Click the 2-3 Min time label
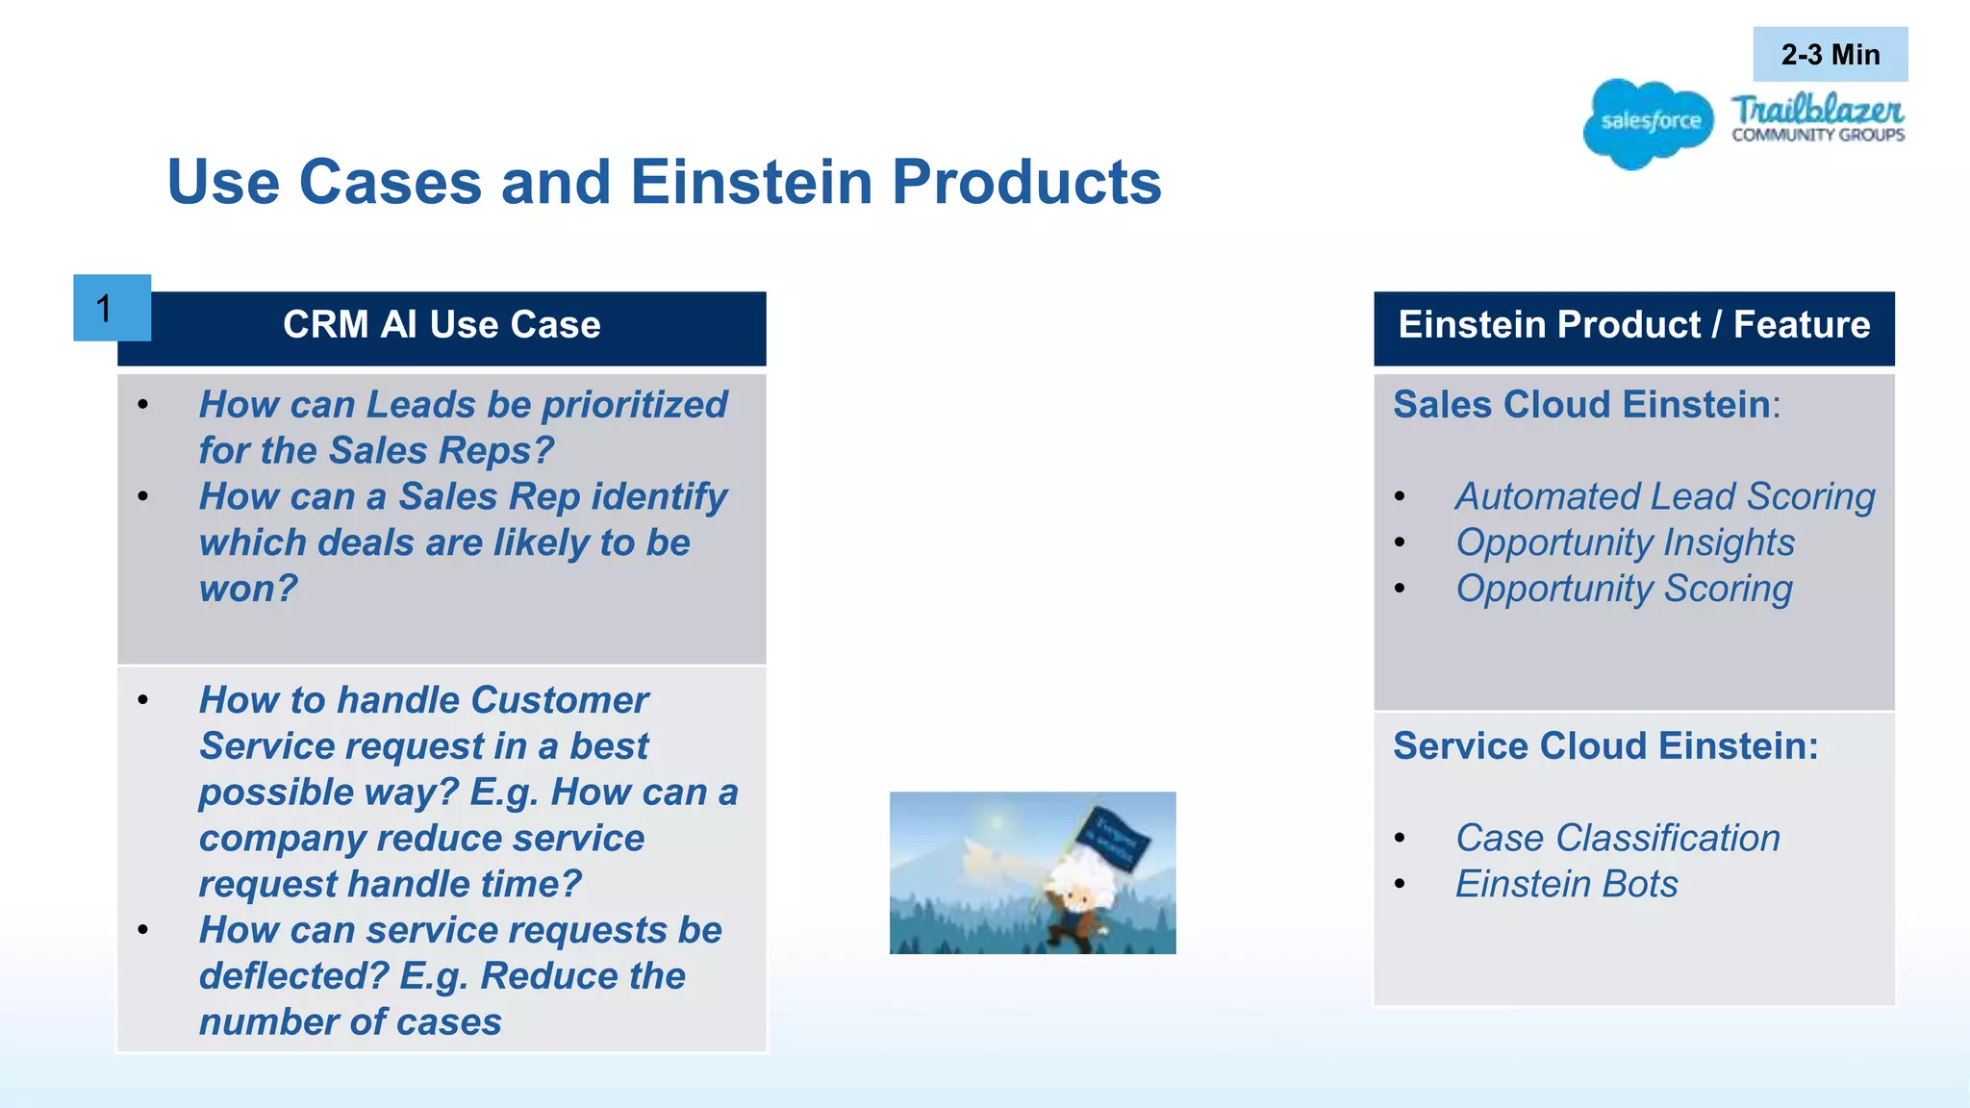coord(1830,55)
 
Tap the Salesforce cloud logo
coord(1649,122)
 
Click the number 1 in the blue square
coord(104,309)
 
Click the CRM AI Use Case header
coord(442,325)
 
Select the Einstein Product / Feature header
coord(1633,325)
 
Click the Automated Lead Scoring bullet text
coord(1665,496)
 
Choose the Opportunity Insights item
coord(1625,542)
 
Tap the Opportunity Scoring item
coord(1624,589)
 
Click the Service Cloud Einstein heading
coord(1604,746)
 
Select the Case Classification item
coord(1617,838)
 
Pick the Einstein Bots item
coord(1566,884)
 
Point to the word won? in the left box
coord(248,589)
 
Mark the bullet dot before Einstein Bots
coord(1400,885)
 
